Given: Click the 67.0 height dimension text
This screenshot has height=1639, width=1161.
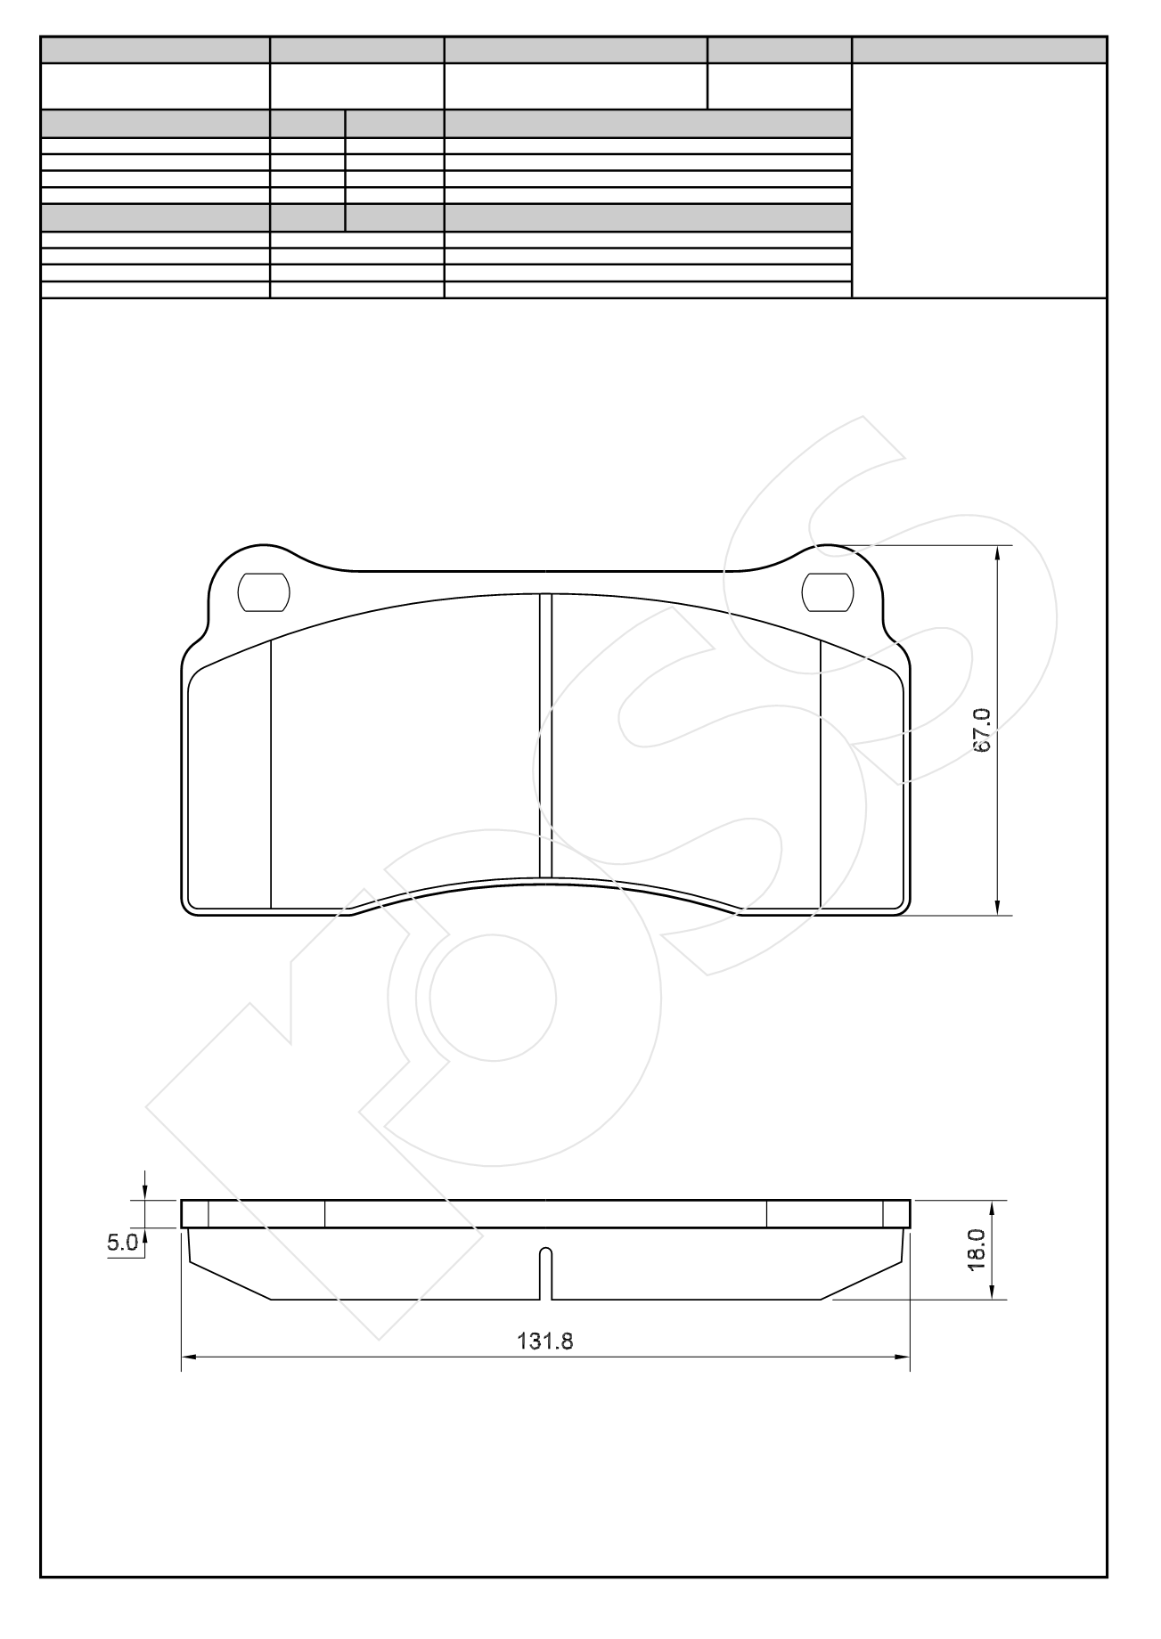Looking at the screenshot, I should coord(981,731).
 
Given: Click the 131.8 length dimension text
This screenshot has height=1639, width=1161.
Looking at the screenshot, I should coord(544,1341).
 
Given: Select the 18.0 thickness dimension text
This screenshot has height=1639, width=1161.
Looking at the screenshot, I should coord(977,1249).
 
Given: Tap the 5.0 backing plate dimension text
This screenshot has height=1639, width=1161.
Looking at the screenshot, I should coord(122,1243).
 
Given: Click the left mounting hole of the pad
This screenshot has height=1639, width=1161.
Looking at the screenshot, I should coord(265,592).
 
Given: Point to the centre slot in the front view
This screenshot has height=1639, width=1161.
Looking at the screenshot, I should coord(546,735).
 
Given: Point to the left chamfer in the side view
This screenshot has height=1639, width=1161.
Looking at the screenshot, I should coord(230,1280).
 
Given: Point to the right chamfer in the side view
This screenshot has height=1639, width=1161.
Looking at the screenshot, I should coord(861,1280).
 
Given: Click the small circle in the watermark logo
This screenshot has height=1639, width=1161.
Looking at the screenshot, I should coord(493,997).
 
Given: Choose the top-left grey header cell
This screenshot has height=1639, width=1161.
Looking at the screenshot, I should coord(155,50).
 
